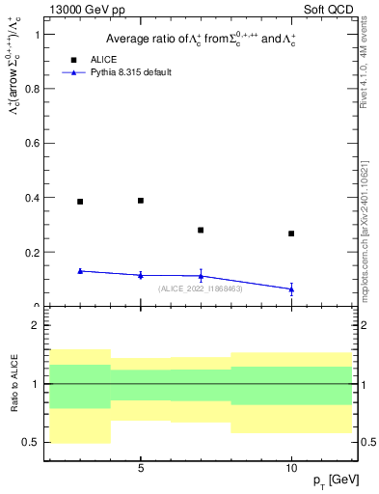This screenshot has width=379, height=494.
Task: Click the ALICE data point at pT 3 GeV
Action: pos(80,202)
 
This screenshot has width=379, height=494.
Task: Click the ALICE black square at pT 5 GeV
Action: pos(141,201)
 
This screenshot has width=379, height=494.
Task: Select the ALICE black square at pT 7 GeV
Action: pos(201,231)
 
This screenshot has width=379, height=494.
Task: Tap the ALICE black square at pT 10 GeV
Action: pos(291,233)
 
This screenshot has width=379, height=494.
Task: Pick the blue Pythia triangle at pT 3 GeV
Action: pos(80,271)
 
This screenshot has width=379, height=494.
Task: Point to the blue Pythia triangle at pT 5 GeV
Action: pos(141,275)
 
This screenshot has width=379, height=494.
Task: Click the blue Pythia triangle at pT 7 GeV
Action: pos(201,276)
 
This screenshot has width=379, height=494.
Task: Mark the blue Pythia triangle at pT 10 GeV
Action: pos(291,288)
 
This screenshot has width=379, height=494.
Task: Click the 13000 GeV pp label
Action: pos(81,9)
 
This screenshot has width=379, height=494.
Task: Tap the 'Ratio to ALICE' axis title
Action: pos(13,383)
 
